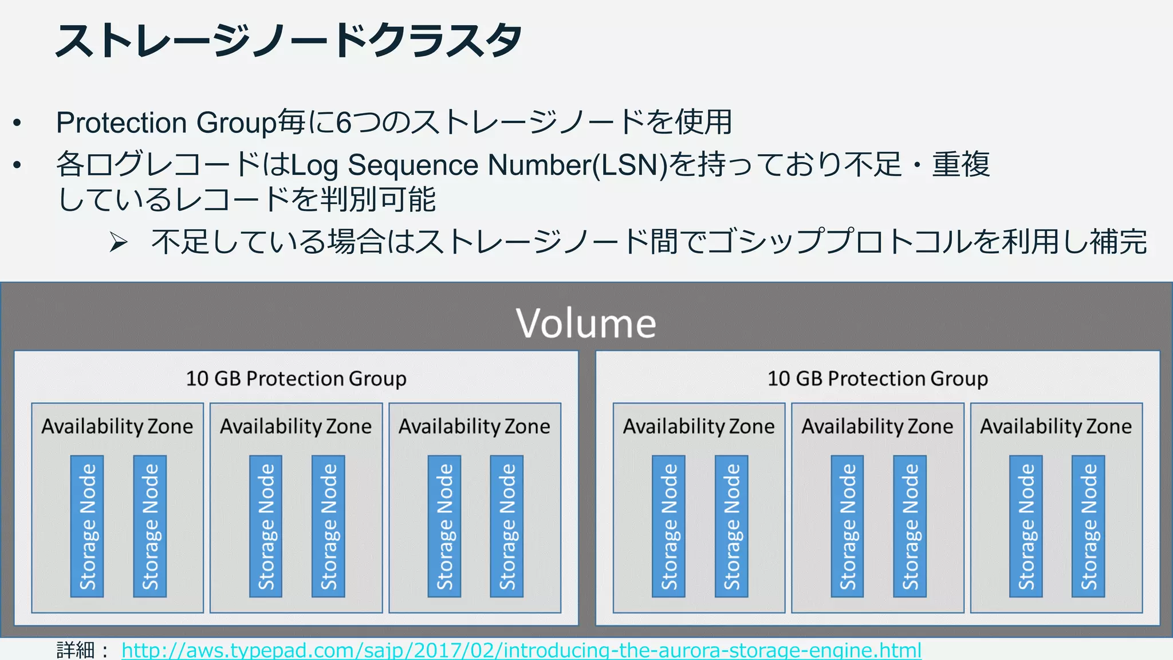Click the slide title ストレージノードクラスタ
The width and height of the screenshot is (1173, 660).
(x=288, y=41)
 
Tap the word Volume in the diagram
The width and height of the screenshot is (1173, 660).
(x=586, y=323)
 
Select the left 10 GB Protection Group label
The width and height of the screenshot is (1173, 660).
(x=296, y=379)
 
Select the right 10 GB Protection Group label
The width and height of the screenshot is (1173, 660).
(x=877, y=379)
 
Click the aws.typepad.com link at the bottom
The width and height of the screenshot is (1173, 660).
(x=521, y=650)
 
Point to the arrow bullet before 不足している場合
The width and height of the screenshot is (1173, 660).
(x=119, y=243)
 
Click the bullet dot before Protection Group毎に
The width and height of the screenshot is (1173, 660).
(x=17, y=123)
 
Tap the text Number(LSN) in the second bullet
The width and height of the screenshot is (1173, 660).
(x=577, y=165)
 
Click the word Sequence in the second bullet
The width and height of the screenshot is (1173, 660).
(x=413, y=165)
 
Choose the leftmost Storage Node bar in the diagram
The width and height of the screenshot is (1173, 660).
(x=87, y=526)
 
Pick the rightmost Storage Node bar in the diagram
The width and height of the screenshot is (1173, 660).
(x=1088, y=526)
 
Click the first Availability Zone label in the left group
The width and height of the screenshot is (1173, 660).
(x=117, y=426)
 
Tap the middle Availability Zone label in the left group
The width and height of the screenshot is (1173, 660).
(x=296, y=426)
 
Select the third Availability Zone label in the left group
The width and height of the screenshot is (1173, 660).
(x=474, y=426)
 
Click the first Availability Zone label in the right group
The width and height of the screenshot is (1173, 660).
(x=699, y=426)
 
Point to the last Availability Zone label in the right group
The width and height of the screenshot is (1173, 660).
(x=1056, y=426)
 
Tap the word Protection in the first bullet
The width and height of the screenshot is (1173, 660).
(x=121, y=123)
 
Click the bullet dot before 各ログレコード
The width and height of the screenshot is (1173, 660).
(x=17, y=165)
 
